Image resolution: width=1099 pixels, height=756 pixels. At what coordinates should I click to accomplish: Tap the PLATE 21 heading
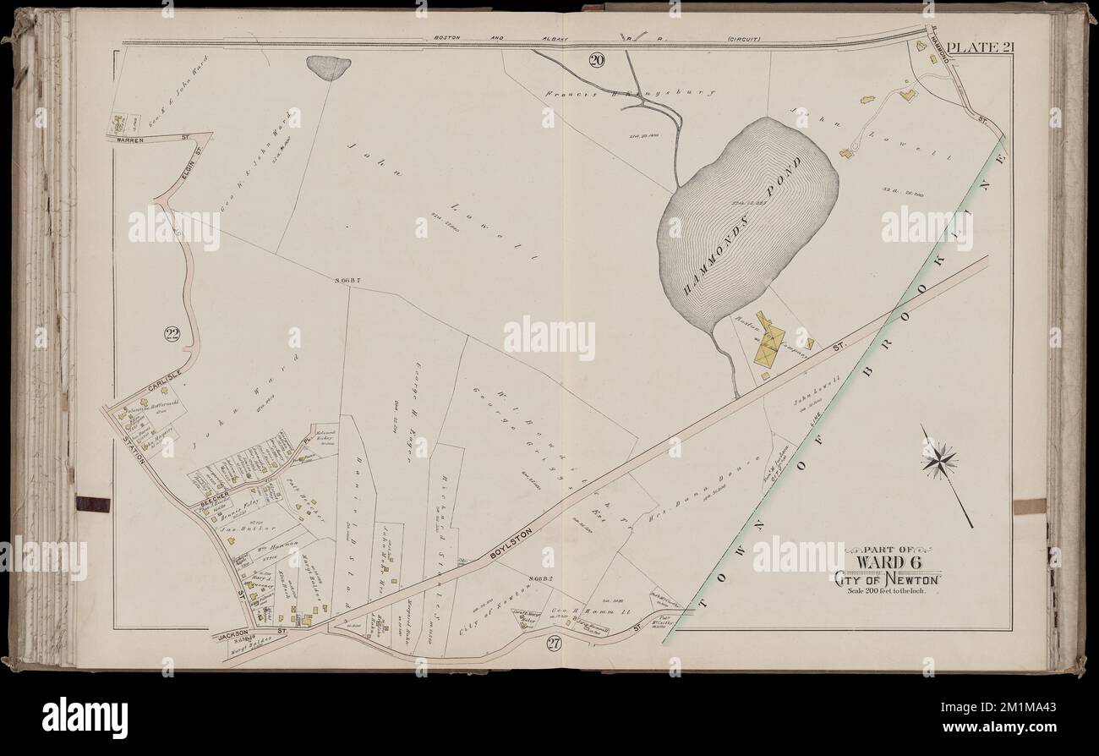[x=978, y=47]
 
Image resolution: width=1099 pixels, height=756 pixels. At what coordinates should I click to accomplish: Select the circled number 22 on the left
[x=172, y=335]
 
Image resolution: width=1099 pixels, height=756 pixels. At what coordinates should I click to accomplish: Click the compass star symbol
[x=940, y=461]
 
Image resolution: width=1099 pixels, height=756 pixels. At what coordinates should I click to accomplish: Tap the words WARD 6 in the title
[x=887, y=562]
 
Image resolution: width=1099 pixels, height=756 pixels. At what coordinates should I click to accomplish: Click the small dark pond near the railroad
[x=329, y=67]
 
